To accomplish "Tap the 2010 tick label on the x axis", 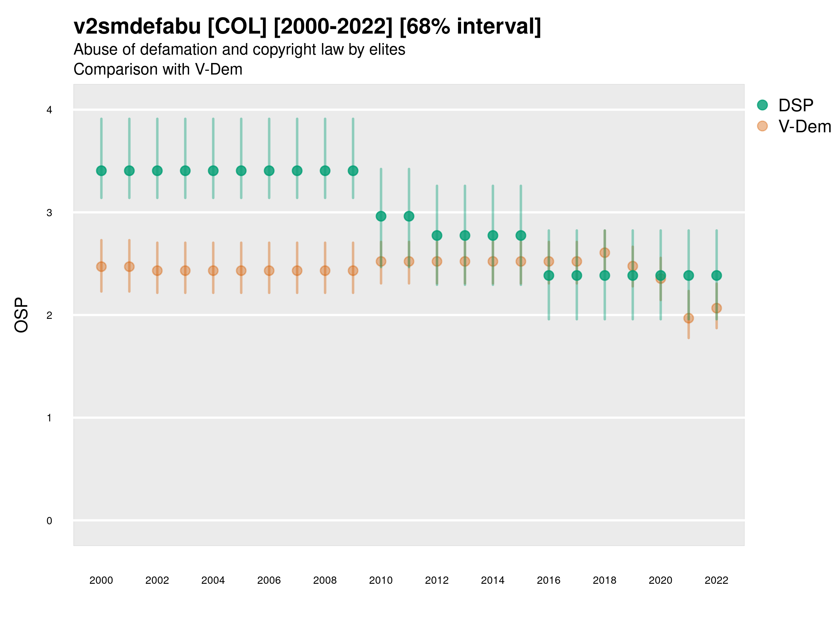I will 381,580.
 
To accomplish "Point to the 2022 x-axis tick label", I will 716,580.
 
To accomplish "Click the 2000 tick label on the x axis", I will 101,580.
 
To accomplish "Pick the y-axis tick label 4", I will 49,110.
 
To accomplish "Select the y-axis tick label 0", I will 49,521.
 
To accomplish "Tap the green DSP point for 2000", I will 101,171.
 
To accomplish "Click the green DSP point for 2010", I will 381,216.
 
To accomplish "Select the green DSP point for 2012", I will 437,236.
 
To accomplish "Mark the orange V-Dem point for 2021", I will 688,318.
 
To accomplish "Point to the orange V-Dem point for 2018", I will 604,253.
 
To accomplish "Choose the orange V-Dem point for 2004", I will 213,271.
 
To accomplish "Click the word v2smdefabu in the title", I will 137,27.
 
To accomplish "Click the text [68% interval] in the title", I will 470,27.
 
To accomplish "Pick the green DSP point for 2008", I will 325,171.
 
